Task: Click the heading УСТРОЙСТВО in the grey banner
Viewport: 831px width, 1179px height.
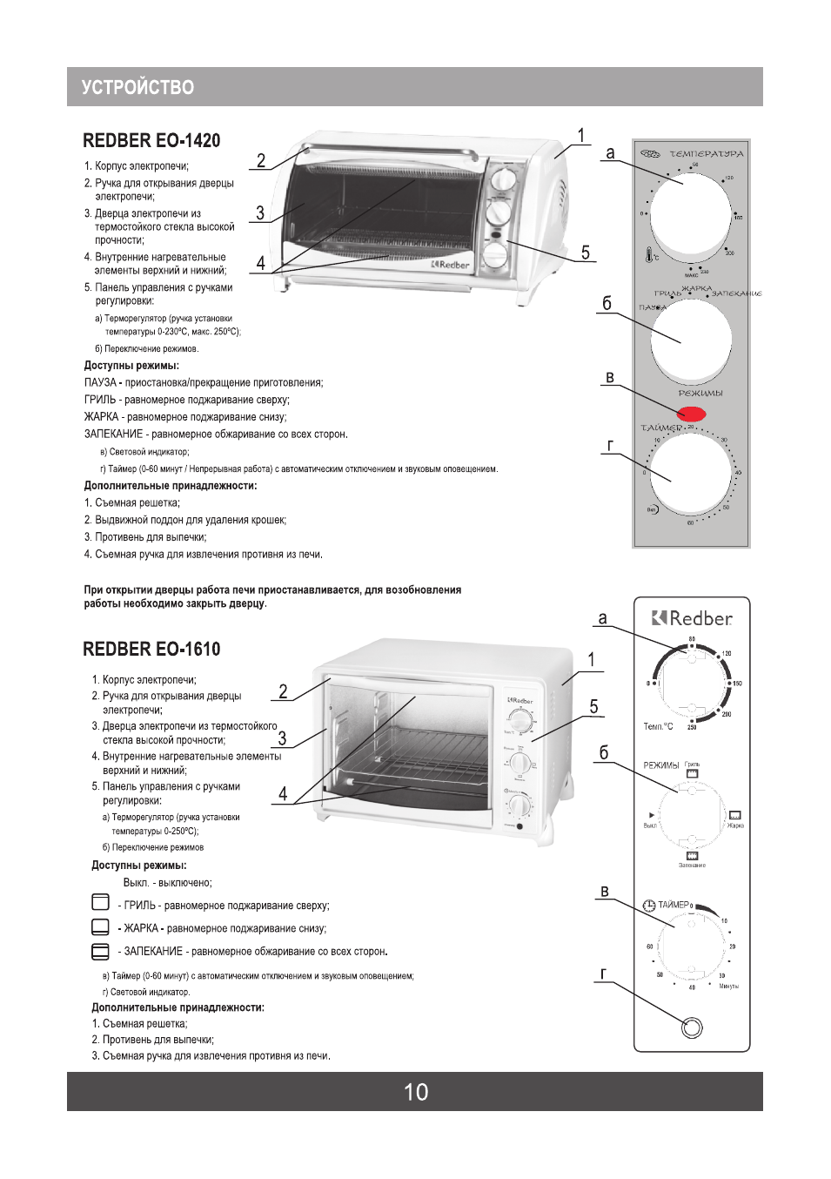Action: pos(137,87)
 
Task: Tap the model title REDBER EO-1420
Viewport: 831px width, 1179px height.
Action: pos(151,141)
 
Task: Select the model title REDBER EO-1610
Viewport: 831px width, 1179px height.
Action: pos(151,650)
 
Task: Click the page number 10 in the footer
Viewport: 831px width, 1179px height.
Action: pos(416,1092)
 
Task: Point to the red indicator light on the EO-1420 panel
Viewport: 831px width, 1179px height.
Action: pos(691,414)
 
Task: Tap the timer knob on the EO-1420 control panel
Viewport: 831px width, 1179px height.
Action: pos(691,475)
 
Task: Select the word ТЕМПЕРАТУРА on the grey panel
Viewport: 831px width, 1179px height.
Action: pos(706,154)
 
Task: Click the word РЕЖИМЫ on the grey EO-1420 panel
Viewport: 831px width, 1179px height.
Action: pos(700,394)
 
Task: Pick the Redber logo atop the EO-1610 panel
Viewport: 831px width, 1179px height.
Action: pos(692,618)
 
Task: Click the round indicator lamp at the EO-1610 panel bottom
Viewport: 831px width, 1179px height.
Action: pos(692,1028)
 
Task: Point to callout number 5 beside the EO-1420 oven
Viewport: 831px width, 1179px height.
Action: pos(586,253)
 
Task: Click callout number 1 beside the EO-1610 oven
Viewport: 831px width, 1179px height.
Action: pos(592,660)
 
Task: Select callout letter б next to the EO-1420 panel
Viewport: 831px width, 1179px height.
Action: pos(606,304)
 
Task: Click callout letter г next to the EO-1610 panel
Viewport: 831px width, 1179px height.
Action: pos(603,974)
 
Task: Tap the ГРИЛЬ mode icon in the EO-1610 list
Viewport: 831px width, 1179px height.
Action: pos(101,902)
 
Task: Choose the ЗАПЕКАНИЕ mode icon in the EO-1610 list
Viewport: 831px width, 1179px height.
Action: pos(101,951)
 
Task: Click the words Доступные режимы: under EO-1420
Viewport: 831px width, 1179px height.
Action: pos(131,366)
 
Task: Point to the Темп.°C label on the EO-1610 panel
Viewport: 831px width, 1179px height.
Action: pos(658,726)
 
